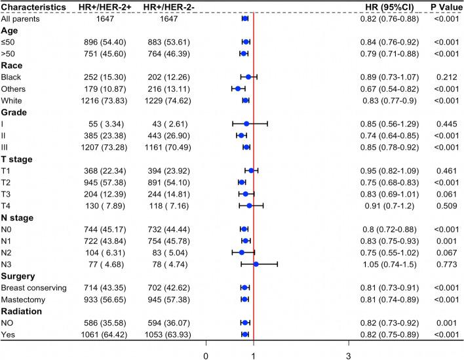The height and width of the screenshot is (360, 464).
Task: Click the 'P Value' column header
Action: (441, 7)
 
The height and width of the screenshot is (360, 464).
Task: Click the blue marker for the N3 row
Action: (256, 264)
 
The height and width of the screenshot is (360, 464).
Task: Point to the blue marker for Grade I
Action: (246, 123)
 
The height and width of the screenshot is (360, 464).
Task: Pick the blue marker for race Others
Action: (238, 89)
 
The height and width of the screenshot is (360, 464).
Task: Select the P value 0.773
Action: (441, 264)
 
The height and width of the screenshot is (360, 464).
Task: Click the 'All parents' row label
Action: (24, 18)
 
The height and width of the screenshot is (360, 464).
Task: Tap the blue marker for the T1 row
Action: (251, 170)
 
